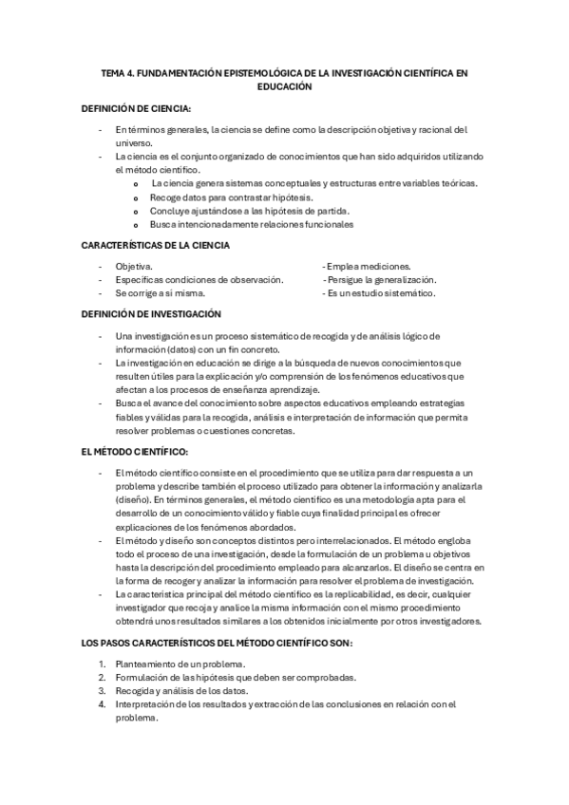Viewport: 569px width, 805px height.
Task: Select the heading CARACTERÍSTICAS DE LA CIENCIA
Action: click(156, 246)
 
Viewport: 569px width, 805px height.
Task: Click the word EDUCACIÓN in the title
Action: click(284, 85)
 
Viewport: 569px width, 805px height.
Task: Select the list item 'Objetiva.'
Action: click(133, 267)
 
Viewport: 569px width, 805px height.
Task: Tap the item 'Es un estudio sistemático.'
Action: click(379, 293)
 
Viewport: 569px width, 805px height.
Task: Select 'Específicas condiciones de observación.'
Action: click(199, 280)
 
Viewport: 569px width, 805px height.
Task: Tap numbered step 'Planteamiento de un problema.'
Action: click(180, 664)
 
